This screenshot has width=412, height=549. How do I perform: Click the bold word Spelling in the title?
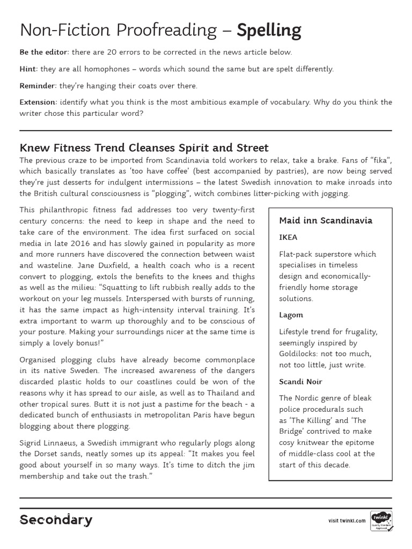tap(269, 31)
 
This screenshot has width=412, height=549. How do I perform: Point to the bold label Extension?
tap(38, 102)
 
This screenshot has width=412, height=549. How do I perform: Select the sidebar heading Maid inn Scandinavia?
tap(326, 220)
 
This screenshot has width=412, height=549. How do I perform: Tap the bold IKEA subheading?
tap(288, 236)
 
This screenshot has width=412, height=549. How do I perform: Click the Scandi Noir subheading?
tap(300, 382)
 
